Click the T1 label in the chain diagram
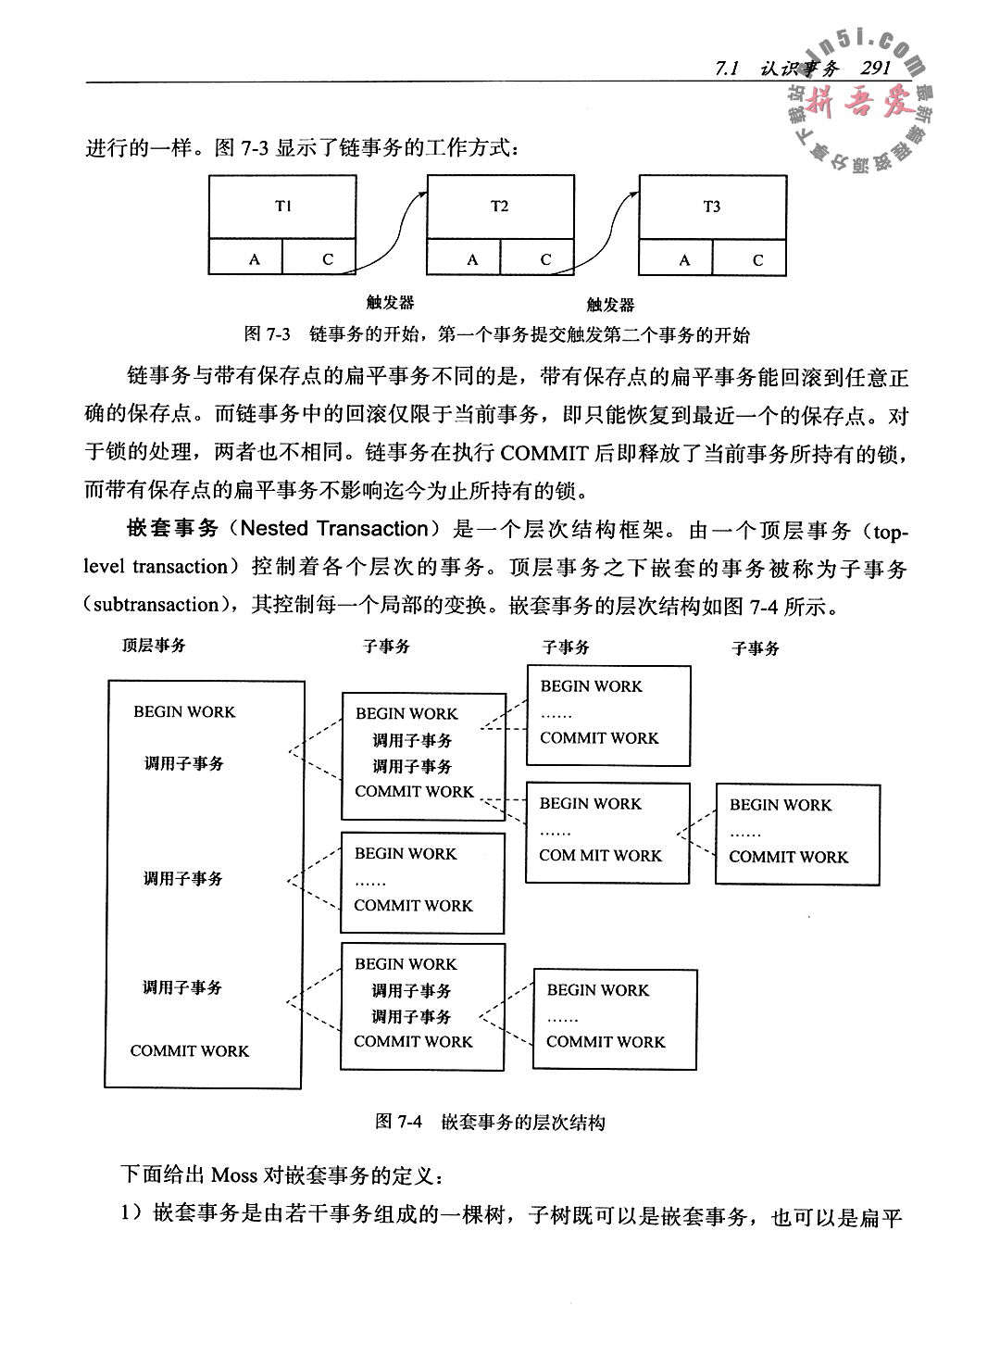(283, 207)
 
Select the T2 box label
(500, 207)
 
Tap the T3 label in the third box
(711, 207)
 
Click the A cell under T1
(255, 260)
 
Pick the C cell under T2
(545, 260)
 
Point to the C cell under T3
(757, 260)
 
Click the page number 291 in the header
(874, 68)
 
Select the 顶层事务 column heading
(154, 646)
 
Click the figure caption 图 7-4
(398, 1123)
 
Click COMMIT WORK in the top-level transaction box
(190, 1051)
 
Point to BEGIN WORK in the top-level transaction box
(184, 712)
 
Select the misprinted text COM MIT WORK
(600, 856)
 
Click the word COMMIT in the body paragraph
(544, 453)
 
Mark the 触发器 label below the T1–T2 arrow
(389, 302)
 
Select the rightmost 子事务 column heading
(756, 648)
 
